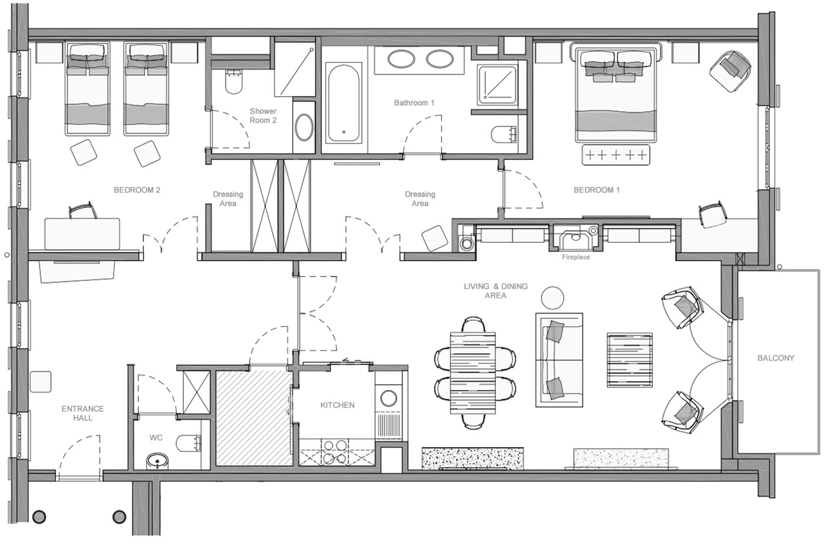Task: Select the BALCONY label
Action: click(x=776, y=358)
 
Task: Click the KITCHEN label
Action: click(x=337, y=405)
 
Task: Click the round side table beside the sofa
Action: click(x=552, y=298)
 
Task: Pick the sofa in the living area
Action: click(x=558, y=360)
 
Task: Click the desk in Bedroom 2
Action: click(x=82, y=234)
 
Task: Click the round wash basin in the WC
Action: click(x=157, y=461)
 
